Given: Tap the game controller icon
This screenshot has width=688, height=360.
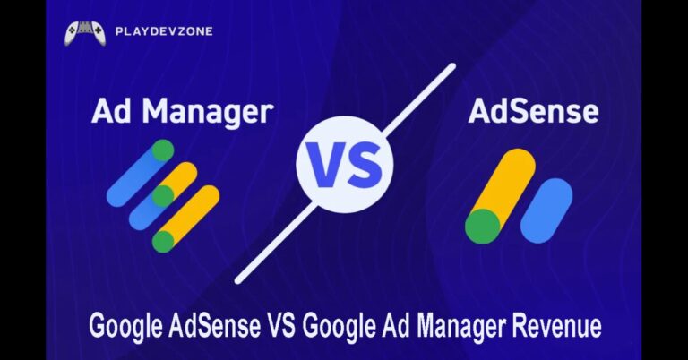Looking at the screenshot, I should pos(85,32).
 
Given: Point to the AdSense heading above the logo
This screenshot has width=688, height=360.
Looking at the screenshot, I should pos(521,113).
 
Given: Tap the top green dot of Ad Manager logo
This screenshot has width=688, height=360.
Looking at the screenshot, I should pos(163,150).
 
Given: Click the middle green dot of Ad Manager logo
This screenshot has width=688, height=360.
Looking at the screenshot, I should pos(163,195).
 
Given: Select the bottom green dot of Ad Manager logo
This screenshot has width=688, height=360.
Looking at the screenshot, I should pos(163,240).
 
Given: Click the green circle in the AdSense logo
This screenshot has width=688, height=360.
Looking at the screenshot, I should pos(484,227).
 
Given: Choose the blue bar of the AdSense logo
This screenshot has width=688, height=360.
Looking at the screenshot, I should pos(546,211).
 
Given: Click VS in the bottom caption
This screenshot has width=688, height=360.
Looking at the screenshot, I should pos(280,326).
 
